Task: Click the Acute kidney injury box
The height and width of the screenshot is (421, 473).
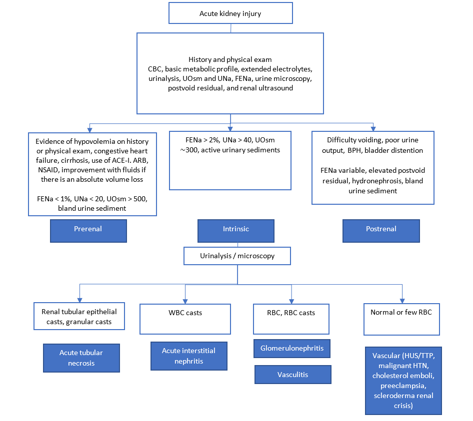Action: (230, 13)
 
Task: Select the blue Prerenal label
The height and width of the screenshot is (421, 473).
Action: (87, 229)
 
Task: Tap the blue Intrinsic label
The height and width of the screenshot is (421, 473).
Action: (236, 229)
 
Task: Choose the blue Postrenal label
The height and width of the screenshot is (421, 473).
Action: (381, 229)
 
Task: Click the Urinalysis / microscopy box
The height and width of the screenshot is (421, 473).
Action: (237, 256)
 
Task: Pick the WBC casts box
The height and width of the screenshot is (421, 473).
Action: (185, 319)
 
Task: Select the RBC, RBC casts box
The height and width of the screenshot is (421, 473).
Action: (291, 319)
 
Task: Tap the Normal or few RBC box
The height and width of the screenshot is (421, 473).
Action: (401, 319)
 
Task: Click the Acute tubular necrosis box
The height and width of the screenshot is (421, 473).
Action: (81, 358)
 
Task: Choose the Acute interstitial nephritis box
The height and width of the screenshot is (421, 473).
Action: (188, 356)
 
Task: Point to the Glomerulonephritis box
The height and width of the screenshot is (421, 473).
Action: (292, 348)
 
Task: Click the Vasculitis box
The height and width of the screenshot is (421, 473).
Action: (292, 375)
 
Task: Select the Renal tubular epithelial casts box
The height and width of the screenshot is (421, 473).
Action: (79, 317)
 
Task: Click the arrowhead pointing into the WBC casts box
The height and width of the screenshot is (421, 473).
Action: (185, 301)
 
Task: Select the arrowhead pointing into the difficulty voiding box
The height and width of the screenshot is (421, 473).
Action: (373, 127)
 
